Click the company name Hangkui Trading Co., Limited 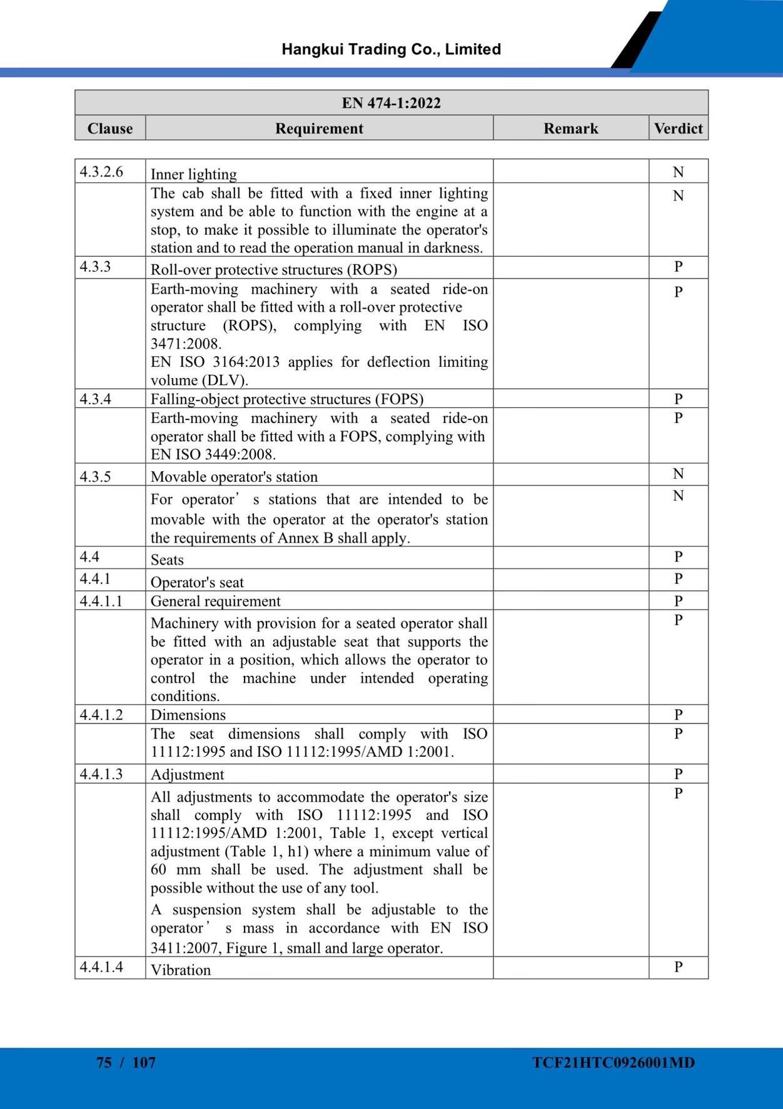391,49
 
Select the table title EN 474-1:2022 391,103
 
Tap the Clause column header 110,128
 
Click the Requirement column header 319,128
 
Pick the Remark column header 570,128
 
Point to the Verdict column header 678,128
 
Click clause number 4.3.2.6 101,171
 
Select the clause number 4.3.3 95,267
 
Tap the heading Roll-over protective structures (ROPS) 274,270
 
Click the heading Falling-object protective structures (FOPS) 287,399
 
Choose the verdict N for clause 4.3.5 678,474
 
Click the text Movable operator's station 234,477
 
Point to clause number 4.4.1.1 101,601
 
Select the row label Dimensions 188,715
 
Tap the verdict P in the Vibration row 678,967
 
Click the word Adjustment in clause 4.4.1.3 187,775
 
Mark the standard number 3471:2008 186,344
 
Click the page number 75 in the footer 104,1063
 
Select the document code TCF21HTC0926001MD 613,1063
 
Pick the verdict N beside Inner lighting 678,172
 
